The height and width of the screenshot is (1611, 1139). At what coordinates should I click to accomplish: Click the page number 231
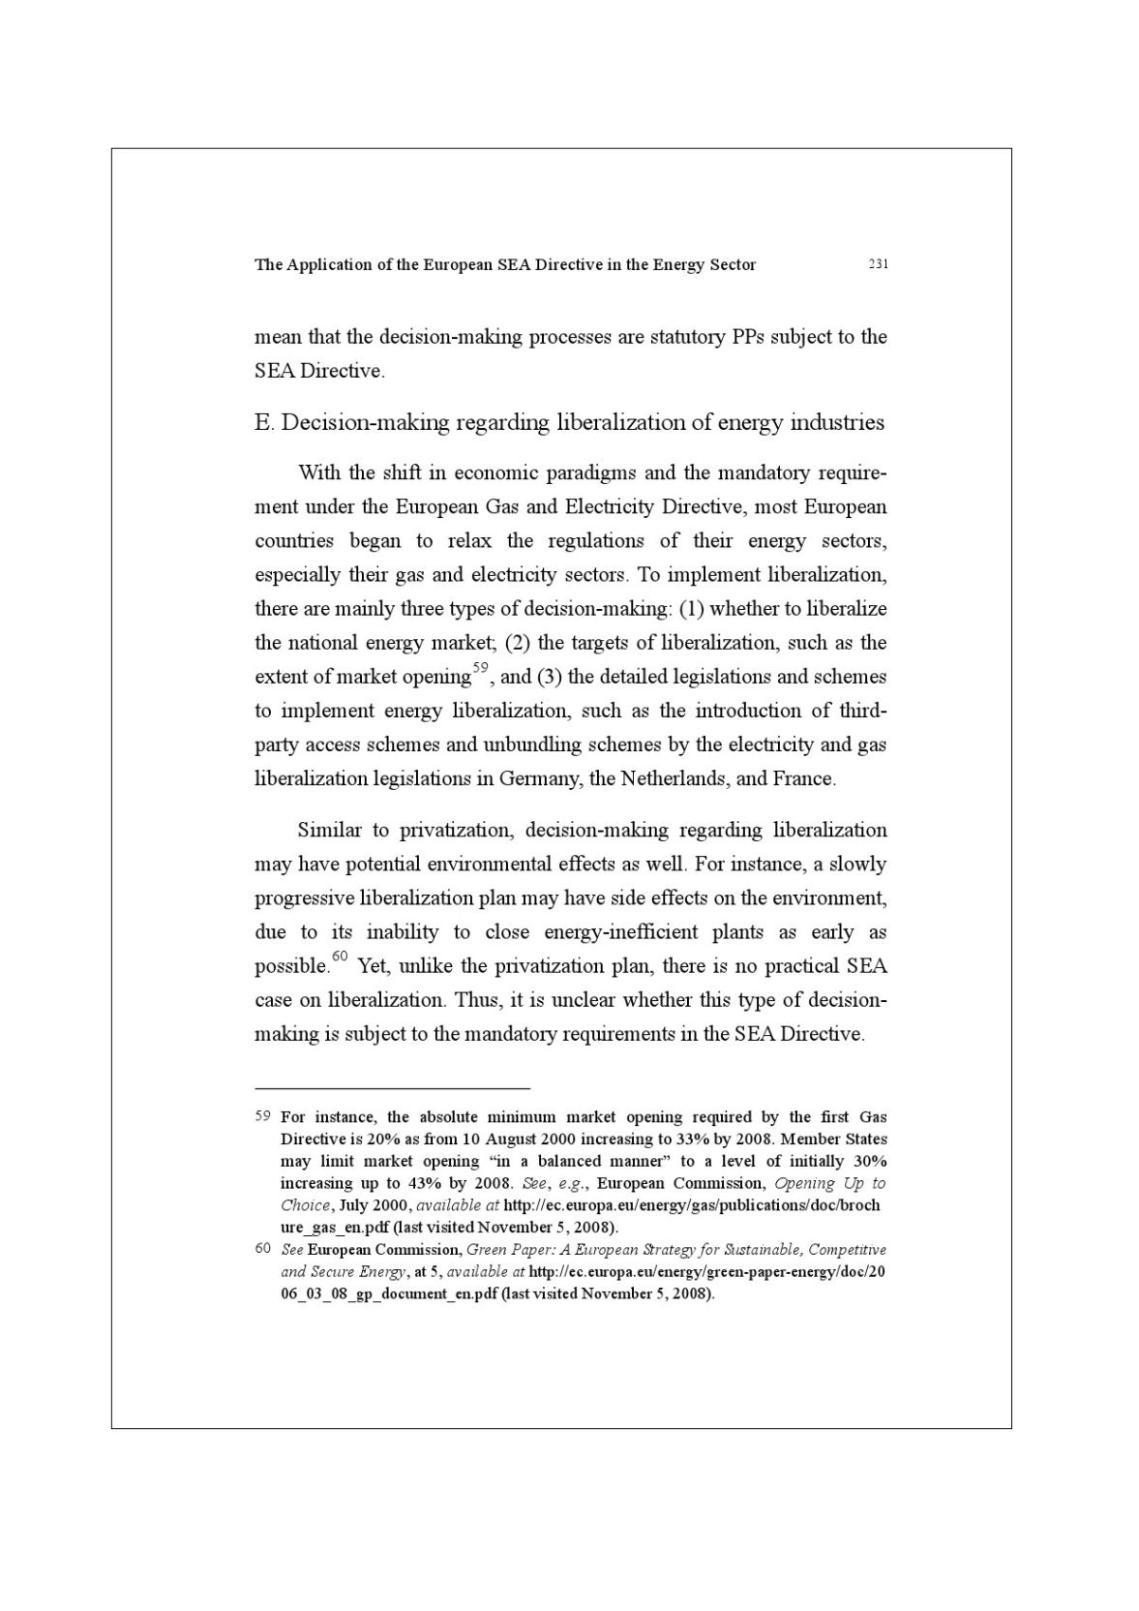pos(878,264)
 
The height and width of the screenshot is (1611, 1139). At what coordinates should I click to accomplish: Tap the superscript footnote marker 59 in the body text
pos(481,669)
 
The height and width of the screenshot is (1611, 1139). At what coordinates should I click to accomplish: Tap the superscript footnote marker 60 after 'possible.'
pos(340,957)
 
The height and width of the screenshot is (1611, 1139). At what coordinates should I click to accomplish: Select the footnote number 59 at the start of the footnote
pos(262,1116)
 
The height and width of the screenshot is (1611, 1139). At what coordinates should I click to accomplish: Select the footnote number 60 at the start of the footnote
pos(262,1249)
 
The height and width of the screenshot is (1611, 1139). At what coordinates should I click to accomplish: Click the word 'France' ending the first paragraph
pos(803,779)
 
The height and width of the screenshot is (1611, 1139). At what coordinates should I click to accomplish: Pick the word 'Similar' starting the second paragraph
pos(329,831)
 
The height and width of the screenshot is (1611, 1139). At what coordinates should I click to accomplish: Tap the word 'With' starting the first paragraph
pos(318,473)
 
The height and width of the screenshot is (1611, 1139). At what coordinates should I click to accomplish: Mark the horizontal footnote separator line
pos(392,1088)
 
